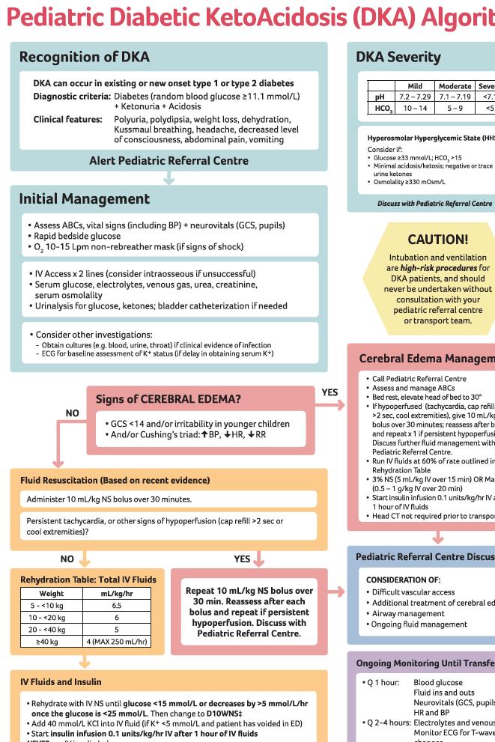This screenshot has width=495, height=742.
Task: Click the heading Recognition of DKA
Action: tap(84, 57)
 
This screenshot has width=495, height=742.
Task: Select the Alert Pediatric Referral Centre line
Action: tap(168, 160)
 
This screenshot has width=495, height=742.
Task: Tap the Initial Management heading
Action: tap(84, 199)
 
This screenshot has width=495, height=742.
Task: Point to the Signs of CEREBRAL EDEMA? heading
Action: tap(168, 399)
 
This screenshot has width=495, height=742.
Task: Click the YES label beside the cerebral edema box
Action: tap(330, 392)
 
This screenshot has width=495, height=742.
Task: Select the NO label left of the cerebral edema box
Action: tap(72, 413)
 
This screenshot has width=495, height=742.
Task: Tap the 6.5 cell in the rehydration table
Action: tap(116, 604)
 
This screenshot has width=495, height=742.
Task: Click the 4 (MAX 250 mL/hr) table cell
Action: tap(116, 642)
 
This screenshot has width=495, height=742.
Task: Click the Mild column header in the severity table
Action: tap(413, 86)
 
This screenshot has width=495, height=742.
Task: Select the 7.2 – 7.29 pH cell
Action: tap(413, 97)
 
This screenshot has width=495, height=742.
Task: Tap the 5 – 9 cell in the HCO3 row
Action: tap(455, 109)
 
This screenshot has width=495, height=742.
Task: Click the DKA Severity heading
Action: tap(398, 57)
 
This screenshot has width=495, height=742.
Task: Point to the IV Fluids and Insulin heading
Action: tap(61, 682)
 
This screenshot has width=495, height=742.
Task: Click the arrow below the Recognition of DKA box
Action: tap(169, 178)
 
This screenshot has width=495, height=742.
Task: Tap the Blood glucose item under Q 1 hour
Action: tap(438, 683)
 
